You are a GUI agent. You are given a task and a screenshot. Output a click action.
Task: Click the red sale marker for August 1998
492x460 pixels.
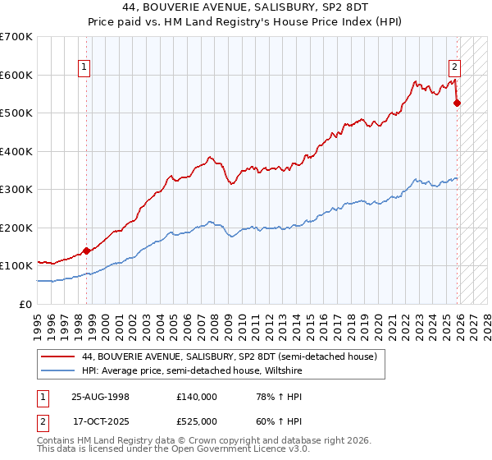click(x=86, y=251)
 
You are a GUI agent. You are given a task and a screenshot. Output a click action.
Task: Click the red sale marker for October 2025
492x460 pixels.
click(x=458, y=103)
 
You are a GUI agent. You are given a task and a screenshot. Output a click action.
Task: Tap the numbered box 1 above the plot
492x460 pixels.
click(x=85, y=68)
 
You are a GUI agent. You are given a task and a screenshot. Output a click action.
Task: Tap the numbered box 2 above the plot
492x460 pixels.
click(x=454, y=68)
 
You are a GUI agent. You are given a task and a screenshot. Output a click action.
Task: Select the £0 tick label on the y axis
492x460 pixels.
click(x=26, y=304)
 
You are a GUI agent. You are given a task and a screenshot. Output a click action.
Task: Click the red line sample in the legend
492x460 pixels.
click(x=58, y=356)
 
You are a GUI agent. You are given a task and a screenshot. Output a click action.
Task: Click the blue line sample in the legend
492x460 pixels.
click(x=58, y=370)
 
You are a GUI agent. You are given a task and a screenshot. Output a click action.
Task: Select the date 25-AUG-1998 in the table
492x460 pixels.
click(x=100, y=396)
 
